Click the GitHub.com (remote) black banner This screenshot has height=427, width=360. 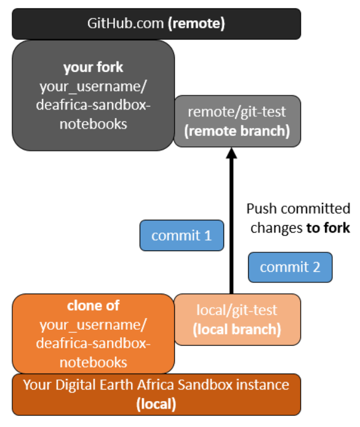pyautogui.click(x=156, y=23)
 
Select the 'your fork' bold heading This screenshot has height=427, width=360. pyautogui.click(x=93, y=67)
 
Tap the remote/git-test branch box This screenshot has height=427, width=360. pyautogui.click(x=237, y=121)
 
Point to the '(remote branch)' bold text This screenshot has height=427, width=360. pyautogui.click(x=238, y=131)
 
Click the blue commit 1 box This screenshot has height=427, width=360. pyautogui.click(x=182, y=235)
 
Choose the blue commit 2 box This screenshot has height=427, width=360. pyautogui.click(x=290, y=267)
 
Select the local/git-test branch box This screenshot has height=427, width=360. pyautogui.click(x=237, y=319)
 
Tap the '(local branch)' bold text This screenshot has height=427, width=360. pyautogui.click(x=238, y=329)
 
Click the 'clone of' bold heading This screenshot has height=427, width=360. pyautogui.click(x=94, y=306)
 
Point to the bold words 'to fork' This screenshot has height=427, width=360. pyautogui.click(x=328, y=228)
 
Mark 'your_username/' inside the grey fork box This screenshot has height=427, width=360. pyautogui.click(x=93, y=86)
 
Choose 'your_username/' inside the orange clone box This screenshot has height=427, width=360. pyautogui.click(x=93, y=324)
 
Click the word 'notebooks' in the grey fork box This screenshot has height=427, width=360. pyautogui.click(x=93, y=124)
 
